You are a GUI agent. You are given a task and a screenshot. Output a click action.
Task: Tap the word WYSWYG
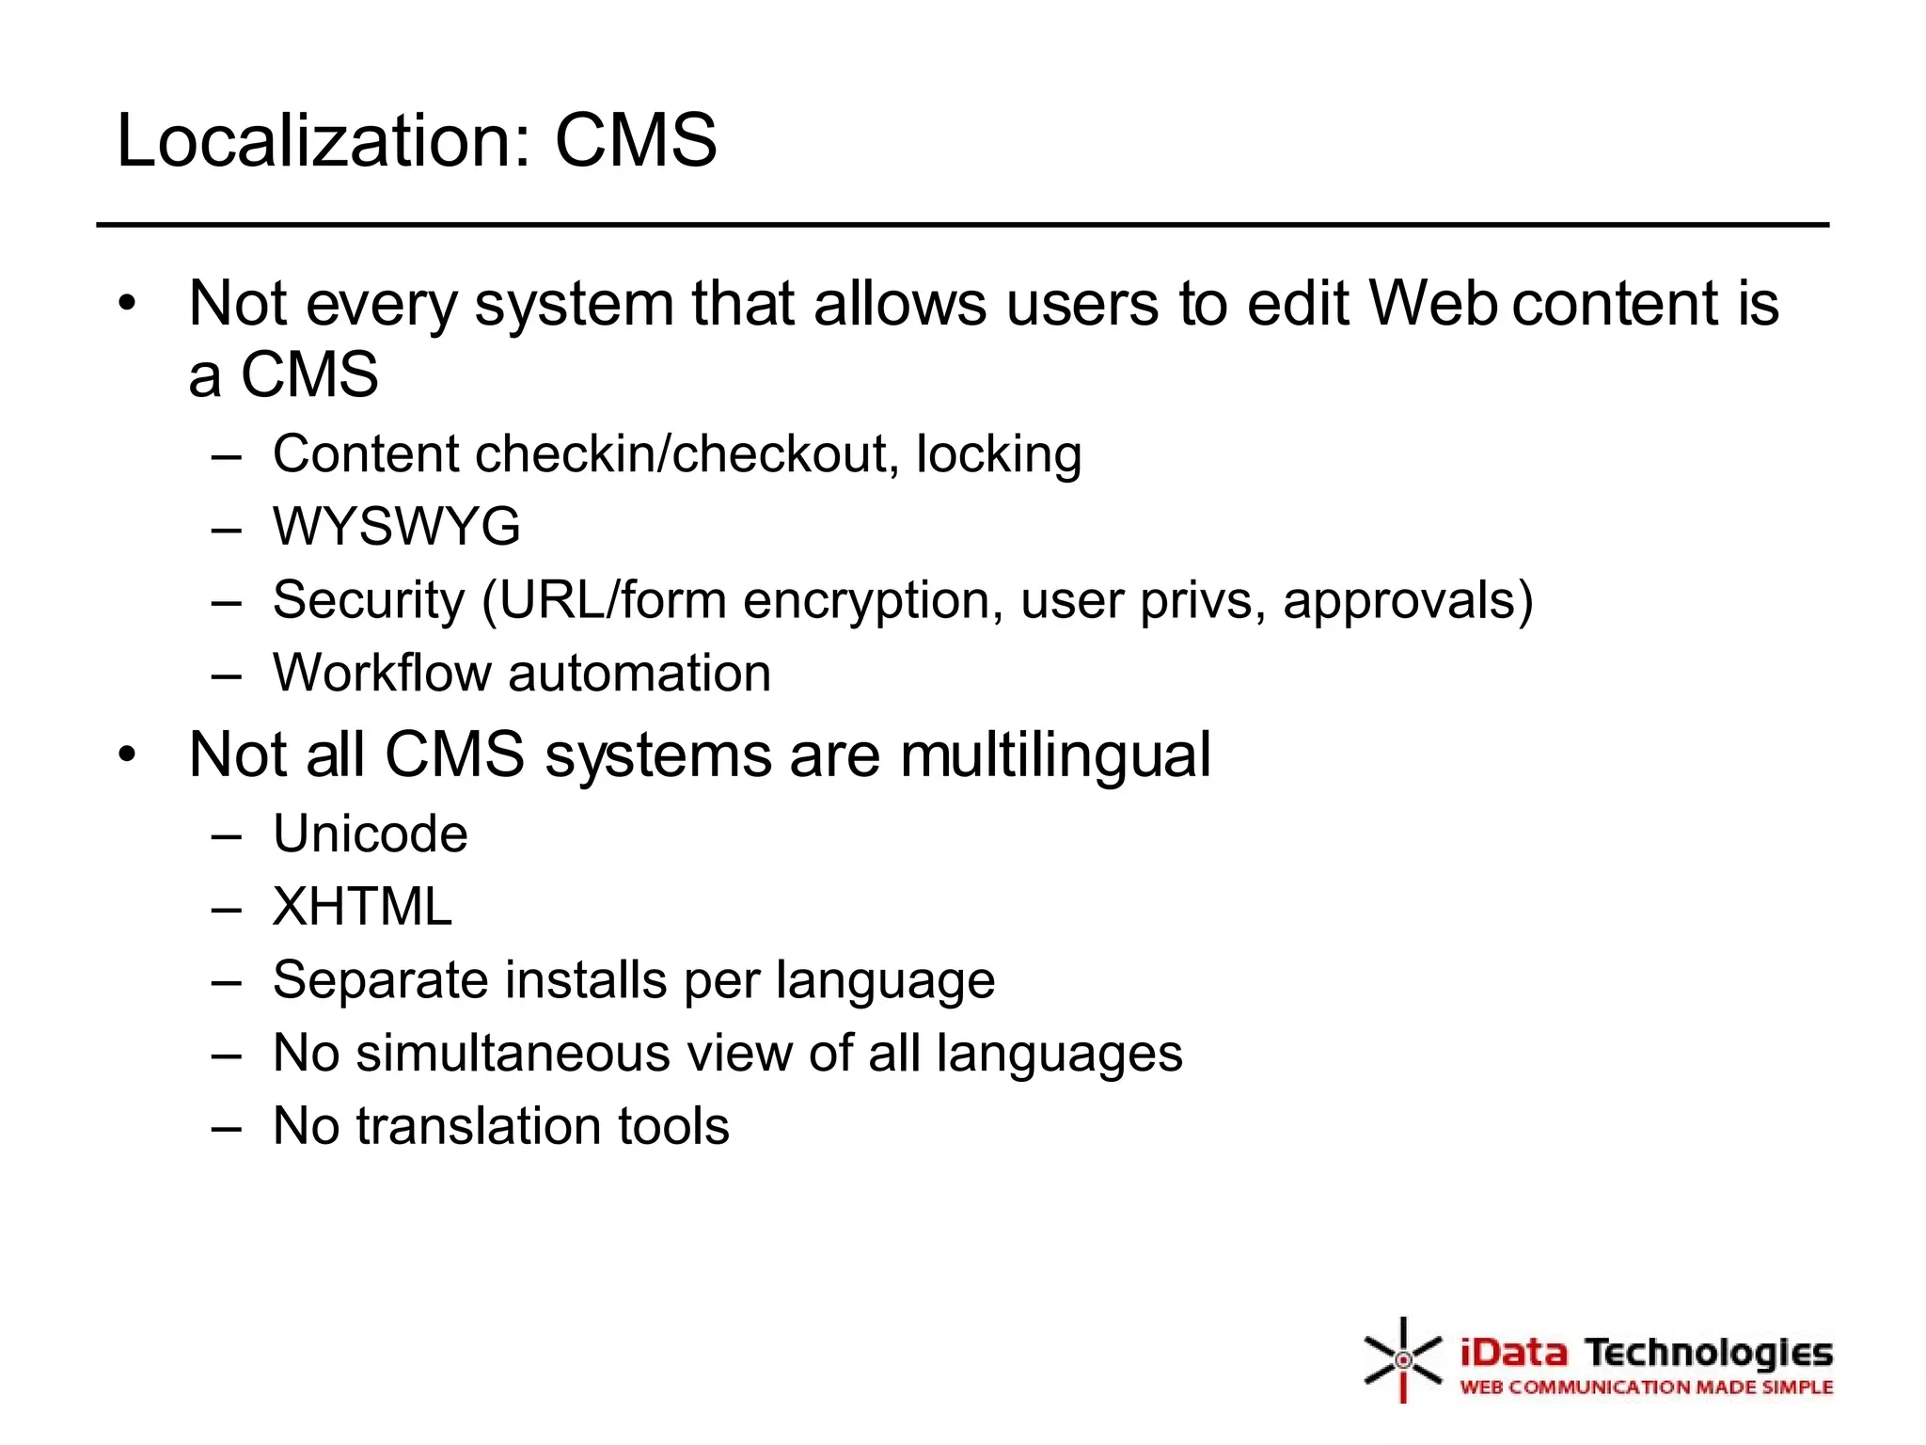coord(396,526)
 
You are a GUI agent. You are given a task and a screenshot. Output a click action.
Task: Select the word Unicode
coord(370,834)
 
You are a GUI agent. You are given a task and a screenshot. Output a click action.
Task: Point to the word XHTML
coord(362,907)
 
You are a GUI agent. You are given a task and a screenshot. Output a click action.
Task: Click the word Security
coord(369,600)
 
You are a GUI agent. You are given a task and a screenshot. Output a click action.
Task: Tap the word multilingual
coord(1055,755)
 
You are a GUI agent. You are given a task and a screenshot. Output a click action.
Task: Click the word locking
coord(999,455)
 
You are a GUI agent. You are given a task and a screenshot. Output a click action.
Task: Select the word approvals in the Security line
coord(1408,600)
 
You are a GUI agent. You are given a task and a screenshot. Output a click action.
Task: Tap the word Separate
coord(378,980)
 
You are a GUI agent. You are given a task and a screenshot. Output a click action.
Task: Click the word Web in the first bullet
coord(1432,304)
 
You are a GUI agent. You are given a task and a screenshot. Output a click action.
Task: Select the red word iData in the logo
coord(1513,1354)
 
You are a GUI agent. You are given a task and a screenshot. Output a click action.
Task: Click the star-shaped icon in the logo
coord(1402,1359)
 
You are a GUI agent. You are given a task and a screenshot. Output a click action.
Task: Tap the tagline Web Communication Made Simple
coord(1646,1388)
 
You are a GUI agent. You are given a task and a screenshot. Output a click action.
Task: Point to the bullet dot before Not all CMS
coord(128,754)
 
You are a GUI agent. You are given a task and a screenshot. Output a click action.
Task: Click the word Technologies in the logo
coord(1709,1354)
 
